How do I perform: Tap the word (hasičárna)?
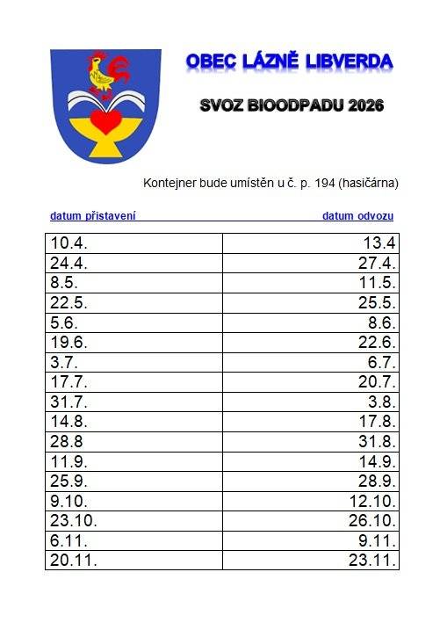[370, 184]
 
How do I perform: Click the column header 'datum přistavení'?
[93, 215]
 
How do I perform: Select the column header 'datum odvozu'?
[357, 215]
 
